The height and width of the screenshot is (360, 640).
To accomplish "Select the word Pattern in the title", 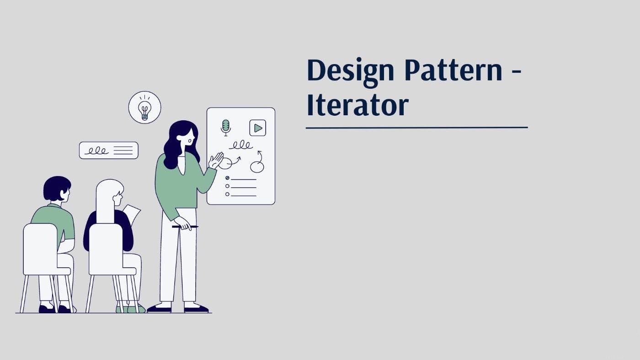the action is (453, 70).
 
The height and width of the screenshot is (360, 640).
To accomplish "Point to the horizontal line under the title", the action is (416, 128).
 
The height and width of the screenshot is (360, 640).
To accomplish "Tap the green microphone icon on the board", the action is (226, 128).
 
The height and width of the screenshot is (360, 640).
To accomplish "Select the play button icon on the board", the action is (258, 128).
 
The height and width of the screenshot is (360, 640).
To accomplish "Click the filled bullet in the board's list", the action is (228, 178).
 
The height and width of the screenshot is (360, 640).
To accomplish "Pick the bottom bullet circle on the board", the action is (228, 194).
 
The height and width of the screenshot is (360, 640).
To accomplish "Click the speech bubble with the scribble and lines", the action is (109, 150).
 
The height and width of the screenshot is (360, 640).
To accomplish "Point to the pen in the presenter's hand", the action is (185, 227).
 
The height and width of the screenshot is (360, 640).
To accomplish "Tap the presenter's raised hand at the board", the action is (216, 161).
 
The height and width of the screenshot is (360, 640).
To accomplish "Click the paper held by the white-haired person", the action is (132, 213).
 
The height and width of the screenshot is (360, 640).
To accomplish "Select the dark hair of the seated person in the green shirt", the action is (56, 188).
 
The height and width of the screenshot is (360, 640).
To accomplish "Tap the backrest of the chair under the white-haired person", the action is (106, 248).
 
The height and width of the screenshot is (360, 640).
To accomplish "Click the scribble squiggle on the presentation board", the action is (241, 145).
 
